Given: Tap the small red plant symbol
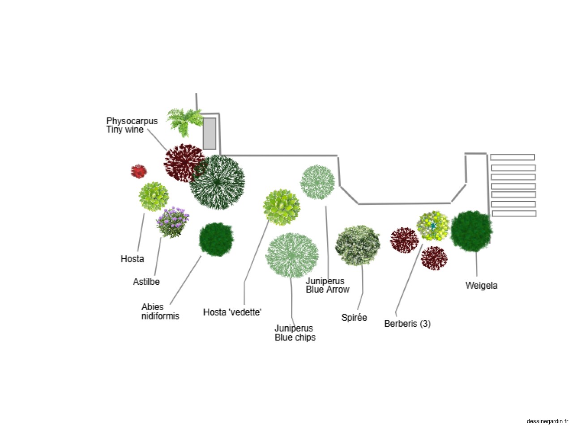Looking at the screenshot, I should [x=139, y=171].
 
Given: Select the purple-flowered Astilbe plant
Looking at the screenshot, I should [x=172, y=222].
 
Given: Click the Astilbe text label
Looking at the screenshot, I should [x=146, y=282].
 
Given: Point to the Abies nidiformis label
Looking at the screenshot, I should [x=160, y=311].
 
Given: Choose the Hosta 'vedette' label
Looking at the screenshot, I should [x=232, y=312].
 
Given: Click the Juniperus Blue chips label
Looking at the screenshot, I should [x=295, y=333].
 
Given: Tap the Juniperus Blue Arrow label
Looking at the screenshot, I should [x=327, y=285].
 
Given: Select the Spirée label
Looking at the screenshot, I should [x=354, y=318].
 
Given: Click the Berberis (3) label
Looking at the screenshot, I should [x=407, y=324].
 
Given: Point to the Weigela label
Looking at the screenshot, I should [x=481, y=286].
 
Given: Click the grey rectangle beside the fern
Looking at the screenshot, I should [x=210, y=133].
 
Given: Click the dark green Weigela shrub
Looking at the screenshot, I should [x=471, y=231].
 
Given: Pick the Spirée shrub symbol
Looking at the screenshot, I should [x=357, y=245].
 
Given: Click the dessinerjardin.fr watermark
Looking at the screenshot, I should [x=547, y=421].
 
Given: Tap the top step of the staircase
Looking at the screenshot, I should [x=512, y=157].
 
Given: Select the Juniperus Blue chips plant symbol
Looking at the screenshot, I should [x=292, y=255].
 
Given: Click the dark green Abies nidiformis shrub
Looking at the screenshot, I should [x=216, y=240].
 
